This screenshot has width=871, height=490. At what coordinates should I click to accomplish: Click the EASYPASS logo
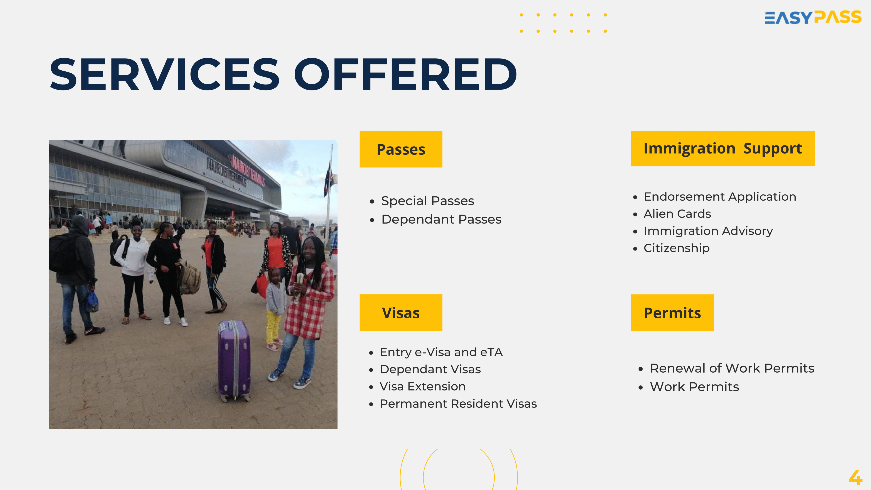[813, 18]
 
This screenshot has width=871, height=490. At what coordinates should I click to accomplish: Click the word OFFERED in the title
[405, 74]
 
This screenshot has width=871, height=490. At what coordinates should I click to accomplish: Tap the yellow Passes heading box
[401, 149]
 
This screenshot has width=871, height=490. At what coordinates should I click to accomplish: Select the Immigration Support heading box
[722, 149]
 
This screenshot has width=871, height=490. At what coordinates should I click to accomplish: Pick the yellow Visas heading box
[401, 313]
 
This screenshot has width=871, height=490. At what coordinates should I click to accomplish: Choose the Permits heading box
[672, 313]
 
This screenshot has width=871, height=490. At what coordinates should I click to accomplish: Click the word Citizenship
[677, 248]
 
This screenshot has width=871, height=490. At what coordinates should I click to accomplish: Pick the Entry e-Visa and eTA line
[441, 352]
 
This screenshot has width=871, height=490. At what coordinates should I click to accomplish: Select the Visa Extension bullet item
[423, 386]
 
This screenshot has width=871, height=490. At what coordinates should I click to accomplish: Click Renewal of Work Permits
[732, 368]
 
